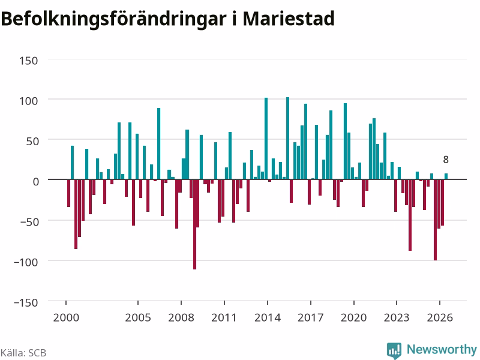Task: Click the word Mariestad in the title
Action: point(289,19)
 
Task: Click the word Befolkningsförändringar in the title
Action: point(113,20)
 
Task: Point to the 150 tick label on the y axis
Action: point(29,61)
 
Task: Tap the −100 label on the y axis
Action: point(26,262)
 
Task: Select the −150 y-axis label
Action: point(26,302)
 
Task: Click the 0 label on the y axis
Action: point(36,182)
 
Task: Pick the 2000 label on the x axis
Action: point(66,317)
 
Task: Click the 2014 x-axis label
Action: point(268,317)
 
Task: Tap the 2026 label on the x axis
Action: point(440,317)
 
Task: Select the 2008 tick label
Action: point(181,317)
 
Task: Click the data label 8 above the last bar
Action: point(446,160)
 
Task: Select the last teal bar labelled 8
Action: point(446,176)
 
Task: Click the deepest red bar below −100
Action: point(194,224)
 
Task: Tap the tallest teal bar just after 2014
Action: point(287,139)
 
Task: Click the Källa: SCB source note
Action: point(23,353)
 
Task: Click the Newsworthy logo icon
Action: point(394,350)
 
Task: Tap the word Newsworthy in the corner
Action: point(442,349)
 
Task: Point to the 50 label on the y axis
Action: point(32,141)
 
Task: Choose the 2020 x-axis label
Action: point(353,317)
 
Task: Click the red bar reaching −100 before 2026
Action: point(436,220)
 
